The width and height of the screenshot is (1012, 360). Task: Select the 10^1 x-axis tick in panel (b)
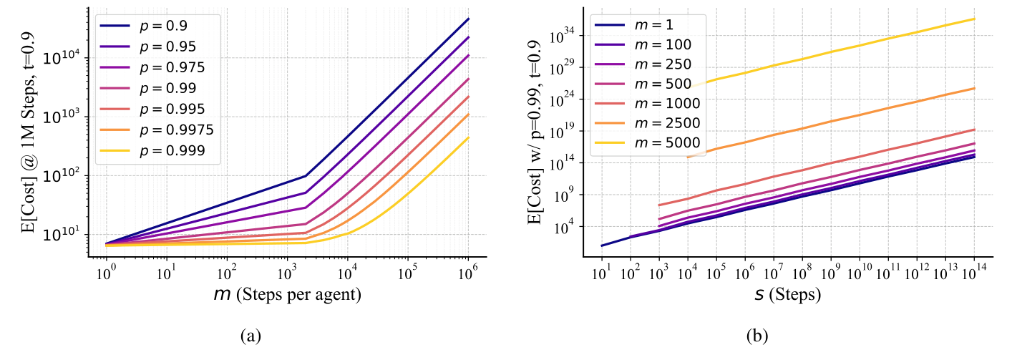tap(602, 273)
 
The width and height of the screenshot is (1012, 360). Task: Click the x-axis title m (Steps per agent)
tap(286, 294)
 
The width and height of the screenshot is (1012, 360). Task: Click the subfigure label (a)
tap(286, 334)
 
